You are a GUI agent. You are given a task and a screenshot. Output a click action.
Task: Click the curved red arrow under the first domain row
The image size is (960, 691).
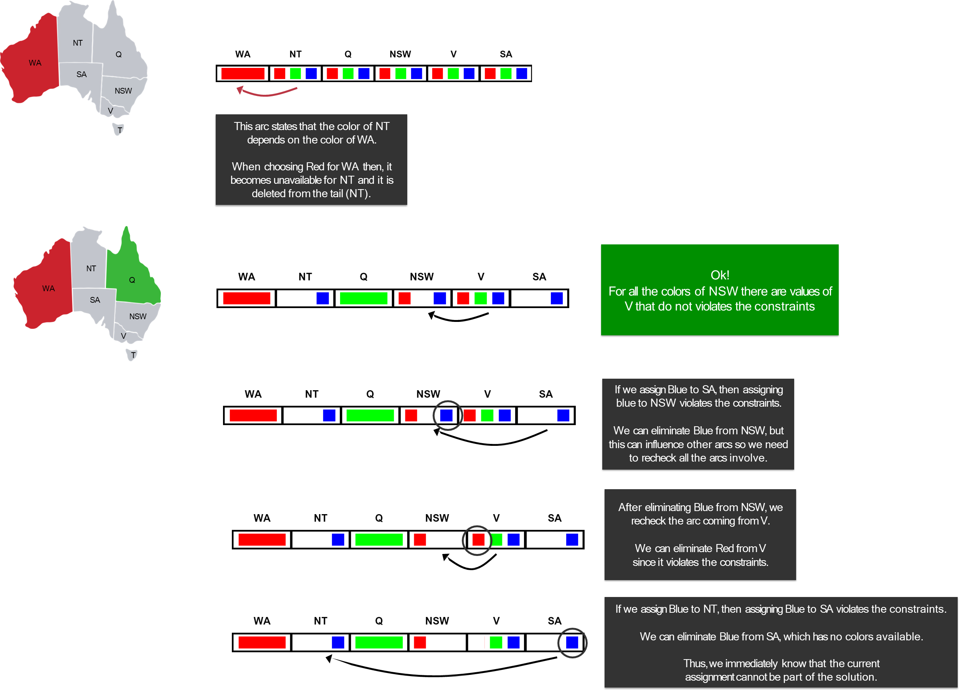[x=267, y=92]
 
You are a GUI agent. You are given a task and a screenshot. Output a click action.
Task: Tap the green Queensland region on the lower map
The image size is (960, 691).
[x=132, y=275]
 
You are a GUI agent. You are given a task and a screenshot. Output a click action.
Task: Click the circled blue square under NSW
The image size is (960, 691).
[x=446, y=416]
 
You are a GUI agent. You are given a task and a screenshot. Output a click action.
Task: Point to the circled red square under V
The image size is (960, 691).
[x=478, y=540]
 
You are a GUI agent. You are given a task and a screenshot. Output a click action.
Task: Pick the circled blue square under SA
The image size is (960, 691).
[x=572, y=643]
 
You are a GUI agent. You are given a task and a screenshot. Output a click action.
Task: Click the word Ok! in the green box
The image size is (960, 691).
[x=720, y=275]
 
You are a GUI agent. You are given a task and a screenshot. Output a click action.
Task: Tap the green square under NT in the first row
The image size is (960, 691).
[x=296, y=74]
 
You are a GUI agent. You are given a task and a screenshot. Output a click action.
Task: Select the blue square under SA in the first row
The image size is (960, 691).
[x=522, y=74]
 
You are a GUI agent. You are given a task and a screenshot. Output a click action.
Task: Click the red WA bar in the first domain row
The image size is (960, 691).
[x=243, y=74]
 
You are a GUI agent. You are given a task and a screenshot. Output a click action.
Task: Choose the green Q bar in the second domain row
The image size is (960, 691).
[x=364, y=298]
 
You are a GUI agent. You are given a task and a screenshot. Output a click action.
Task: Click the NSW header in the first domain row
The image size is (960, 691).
[x=400, y=54]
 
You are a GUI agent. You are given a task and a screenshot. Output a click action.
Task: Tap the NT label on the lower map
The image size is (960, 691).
[x=91, y=268]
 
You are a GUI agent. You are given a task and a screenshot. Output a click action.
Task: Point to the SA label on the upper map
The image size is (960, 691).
[x=81, y=74]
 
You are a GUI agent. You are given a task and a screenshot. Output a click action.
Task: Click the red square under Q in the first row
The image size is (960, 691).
[x=332, y=74]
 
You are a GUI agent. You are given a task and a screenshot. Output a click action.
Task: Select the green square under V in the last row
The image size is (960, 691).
[x=496, y=643]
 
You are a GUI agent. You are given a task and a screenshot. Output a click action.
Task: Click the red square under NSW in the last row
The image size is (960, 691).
[x=420, y=643]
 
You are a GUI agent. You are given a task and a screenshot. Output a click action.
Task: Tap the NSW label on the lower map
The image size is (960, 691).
[x=137, y=317]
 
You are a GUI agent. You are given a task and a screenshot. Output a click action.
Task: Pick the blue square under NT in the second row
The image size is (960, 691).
[x=322, y=298]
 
